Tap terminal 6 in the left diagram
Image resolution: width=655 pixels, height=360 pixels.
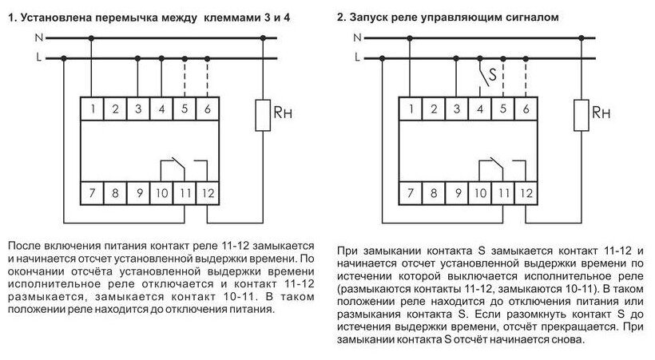click(208, 108)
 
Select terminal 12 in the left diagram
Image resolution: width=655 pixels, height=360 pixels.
click(208, 193)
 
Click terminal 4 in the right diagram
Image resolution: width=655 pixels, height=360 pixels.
click(479, 108)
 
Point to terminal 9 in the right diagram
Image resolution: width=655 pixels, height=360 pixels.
click(456, 193)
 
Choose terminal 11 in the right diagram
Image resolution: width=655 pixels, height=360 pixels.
click(502, 193)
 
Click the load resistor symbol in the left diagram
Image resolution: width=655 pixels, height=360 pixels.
click(261, 115)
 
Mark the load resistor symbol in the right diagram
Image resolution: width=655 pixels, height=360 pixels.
click(580, 115)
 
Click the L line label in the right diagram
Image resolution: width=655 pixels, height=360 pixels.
click(357, 57)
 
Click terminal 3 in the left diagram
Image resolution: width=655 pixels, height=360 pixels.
click(138, 108)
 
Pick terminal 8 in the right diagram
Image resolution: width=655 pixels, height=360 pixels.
click(433, 193)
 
